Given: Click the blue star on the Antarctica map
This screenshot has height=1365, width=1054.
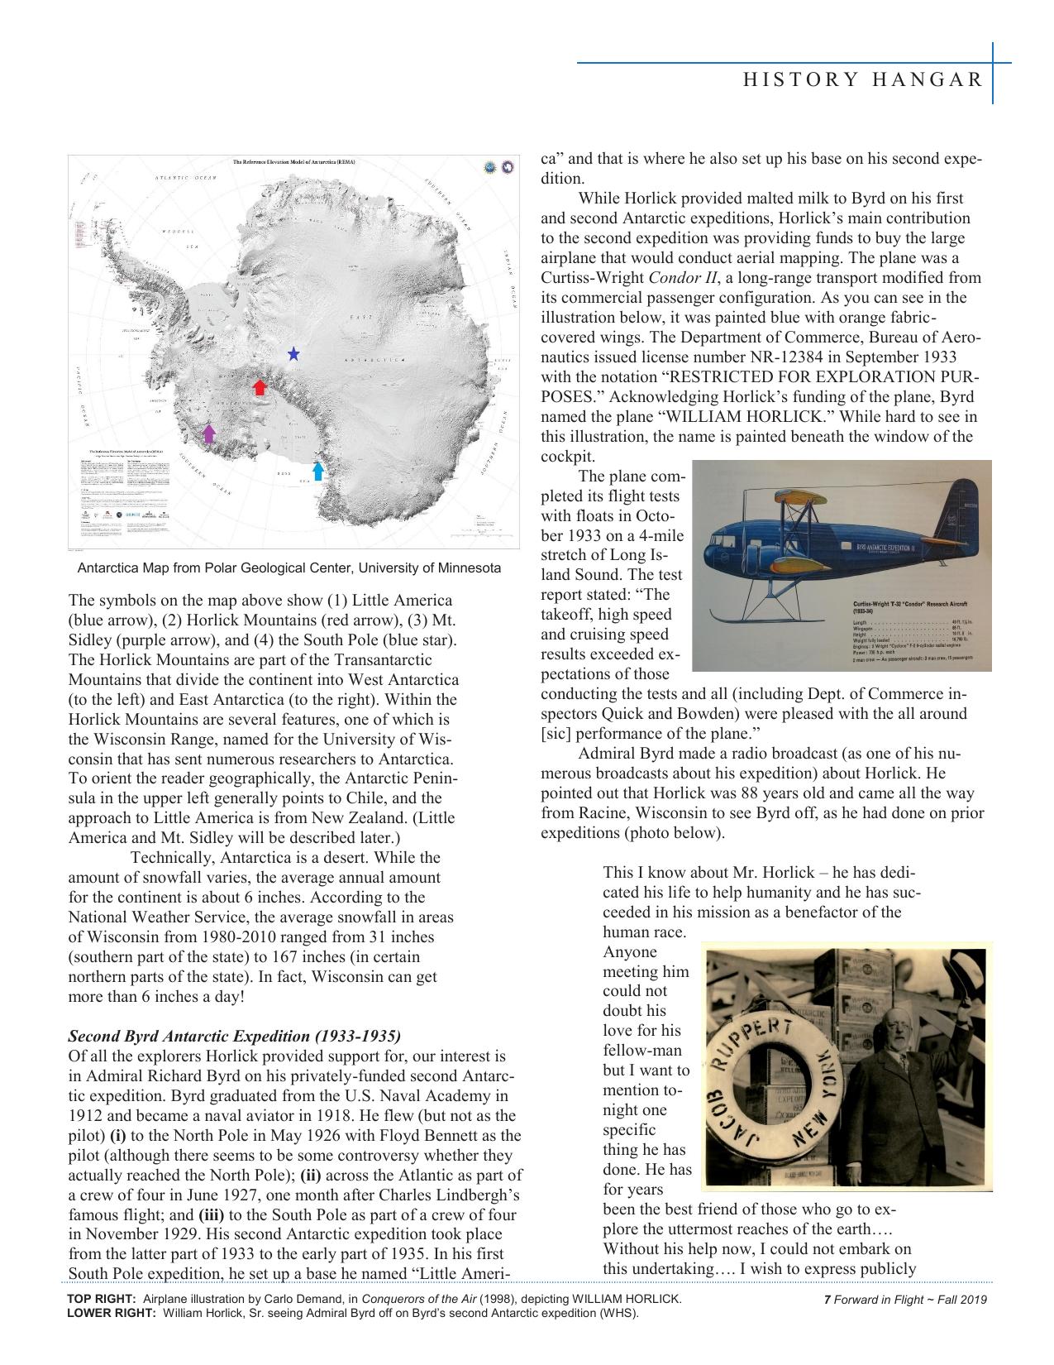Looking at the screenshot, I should [293, 354].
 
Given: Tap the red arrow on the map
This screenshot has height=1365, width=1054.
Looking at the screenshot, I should [260, 386].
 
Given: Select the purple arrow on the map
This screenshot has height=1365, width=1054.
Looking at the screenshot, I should [209, 433].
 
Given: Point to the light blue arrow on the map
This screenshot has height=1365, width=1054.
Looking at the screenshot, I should [318, 471].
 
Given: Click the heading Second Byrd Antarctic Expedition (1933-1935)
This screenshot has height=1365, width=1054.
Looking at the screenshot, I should [234, 1036].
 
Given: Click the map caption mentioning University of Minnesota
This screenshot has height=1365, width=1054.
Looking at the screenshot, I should [289, 568].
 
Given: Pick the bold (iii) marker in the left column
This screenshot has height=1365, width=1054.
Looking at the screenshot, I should [210, 1214].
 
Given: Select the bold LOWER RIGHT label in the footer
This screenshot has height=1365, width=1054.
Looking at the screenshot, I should [111, 1312].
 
